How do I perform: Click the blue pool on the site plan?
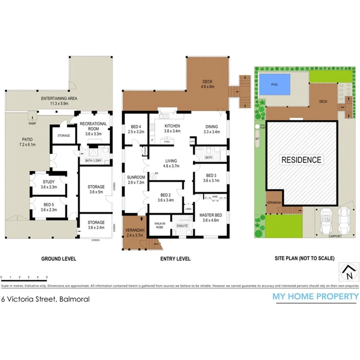[x=275, y=84]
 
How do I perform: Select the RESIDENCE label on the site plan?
[x=301, y=160]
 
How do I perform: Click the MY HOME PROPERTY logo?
[x=316, y=297]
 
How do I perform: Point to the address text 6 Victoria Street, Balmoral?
[x=46, y=299]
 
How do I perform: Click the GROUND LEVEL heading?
[x=59, y=259]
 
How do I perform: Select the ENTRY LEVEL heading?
[x=175, y=259]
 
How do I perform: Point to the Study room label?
[x=49, y=184]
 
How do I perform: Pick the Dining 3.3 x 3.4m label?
[x=211, y=129]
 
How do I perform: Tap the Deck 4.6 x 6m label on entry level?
[x=208, y=84]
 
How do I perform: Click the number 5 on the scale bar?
[x=47, y=277]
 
